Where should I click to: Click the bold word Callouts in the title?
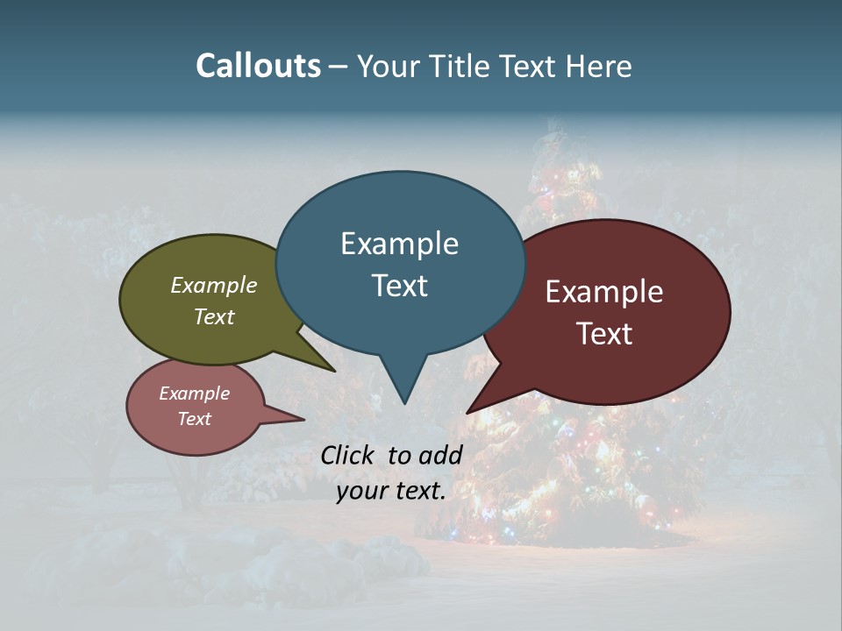[x=258, y=66]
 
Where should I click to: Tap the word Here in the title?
[x=599, y=66]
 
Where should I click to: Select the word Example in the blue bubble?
[x=399, y=244]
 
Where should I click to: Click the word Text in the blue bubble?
[x=399, y=286]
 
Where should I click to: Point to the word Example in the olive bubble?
[x=214, y=285]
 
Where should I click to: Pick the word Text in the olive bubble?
[x=214, y=316]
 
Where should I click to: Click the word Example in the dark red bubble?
[x=604, y=292]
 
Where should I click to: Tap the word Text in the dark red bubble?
[x=604, y=334]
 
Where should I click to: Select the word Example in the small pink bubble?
[x=194, y=393]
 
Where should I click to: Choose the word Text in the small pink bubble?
[x=194, y=419]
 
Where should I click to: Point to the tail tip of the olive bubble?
[x=334, y=371]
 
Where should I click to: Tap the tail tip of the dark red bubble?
[x=468, y=412]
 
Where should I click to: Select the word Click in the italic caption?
[x=349, y=455]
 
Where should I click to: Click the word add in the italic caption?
[x=440, y=455]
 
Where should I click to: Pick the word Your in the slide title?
[x=387, y=66]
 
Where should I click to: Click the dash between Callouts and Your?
[x=339, y=66]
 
